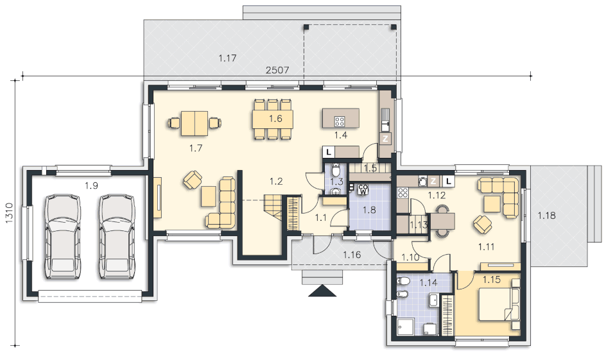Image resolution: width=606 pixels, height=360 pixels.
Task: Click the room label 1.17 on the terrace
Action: pos(227,58)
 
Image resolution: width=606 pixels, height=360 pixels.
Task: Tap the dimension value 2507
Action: pos(277,70)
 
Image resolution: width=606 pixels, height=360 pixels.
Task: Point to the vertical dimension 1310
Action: pos(9,212)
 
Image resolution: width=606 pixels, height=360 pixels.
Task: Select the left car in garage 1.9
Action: pos(63,236)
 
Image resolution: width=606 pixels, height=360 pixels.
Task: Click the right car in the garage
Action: pos(117,236)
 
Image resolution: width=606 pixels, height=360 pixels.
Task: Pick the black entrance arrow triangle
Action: pos(322,291)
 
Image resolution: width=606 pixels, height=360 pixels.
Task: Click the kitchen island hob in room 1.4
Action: pos(340,122)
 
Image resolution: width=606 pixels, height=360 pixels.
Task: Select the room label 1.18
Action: pos(546,215)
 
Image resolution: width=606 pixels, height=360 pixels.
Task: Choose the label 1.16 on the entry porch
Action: pos(352,255)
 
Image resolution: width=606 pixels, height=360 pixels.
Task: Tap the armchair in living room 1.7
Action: pos(193,180)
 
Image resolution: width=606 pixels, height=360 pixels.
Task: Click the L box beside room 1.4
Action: pos(329,152)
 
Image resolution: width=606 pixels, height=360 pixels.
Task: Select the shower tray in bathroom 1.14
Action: pos(406,327)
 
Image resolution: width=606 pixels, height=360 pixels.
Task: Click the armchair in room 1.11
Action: pos(483,225)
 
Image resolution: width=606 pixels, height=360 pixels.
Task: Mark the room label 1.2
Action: pos(276,181)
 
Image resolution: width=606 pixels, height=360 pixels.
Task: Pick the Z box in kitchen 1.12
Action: pos(433,181)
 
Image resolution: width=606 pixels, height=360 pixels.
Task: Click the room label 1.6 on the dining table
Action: pos(275,119)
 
